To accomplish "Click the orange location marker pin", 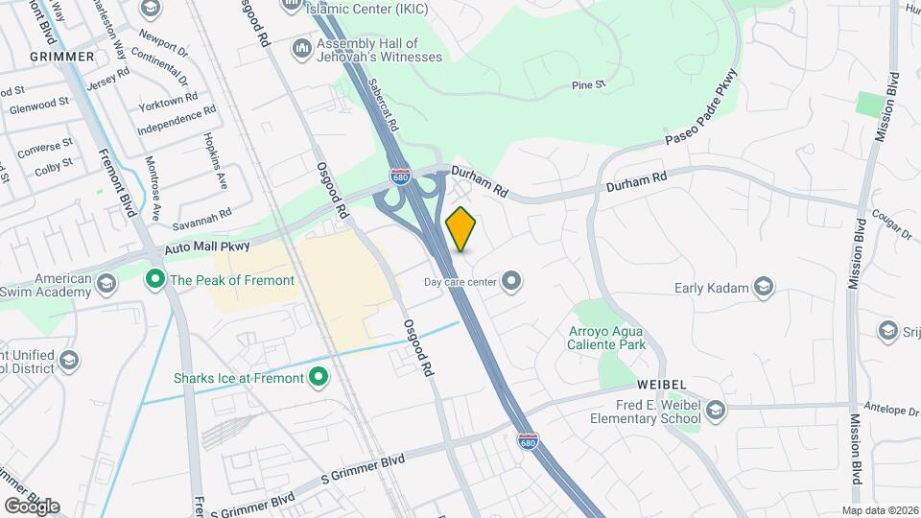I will [x=460, y=229].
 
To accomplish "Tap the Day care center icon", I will [x=512, y=281].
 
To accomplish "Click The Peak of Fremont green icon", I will [x=153, y=280].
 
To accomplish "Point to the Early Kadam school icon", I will [x=763, y=287].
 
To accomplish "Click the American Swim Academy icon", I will [x=106, y=284].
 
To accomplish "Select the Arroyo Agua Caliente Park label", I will [x=604, y=338].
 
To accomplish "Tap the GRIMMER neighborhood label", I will [x=62, y=57].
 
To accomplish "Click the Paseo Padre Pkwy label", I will [x=703, y=106].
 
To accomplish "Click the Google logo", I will [x=32, y=506].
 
